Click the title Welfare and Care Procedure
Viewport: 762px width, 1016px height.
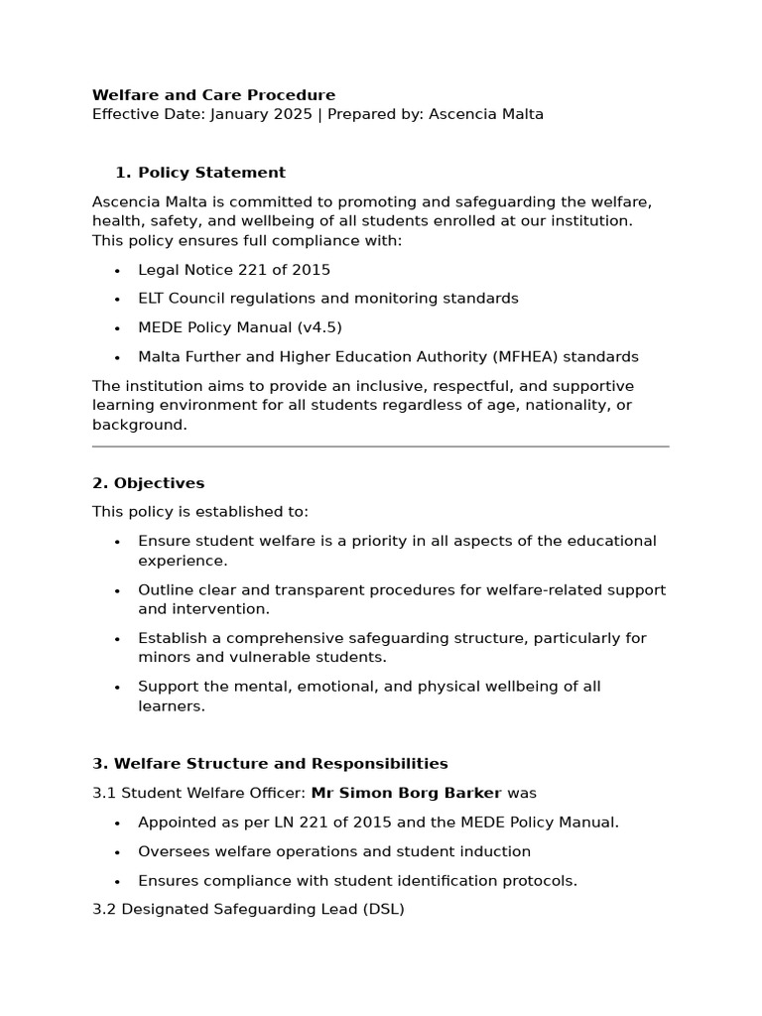(213, 95)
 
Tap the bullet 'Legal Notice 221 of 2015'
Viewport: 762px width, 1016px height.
(234, 270)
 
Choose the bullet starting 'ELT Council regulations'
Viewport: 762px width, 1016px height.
(327, 299)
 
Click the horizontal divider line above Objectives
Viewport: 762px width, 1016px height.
(380, 446)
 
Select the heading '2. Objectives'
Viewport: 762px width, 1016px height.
(148, 483)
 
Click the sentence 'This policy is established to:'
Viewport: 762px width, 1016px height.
(200, 512)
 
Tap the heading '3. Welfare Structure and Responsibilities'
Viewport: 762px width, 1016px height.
(270, 764)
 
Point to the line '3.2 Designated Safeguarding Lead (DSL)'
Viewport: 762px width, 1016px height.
(248, 909)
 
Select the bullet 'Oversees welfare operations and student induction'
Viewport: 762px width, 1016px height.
(334, 851)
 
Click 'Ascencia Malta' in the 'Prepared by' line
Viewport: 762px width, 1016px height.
(486, 114)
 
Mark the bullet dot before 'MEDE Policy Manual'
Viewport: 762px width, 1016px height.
(117, 328)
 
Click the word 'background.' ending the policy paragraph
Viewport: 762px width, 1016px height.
(139, 425)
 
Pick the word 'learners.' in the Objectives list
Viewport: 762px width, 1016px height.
(172, 706)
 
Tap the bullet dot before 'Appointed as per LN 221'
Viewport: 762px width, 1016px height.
(117, 824)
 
